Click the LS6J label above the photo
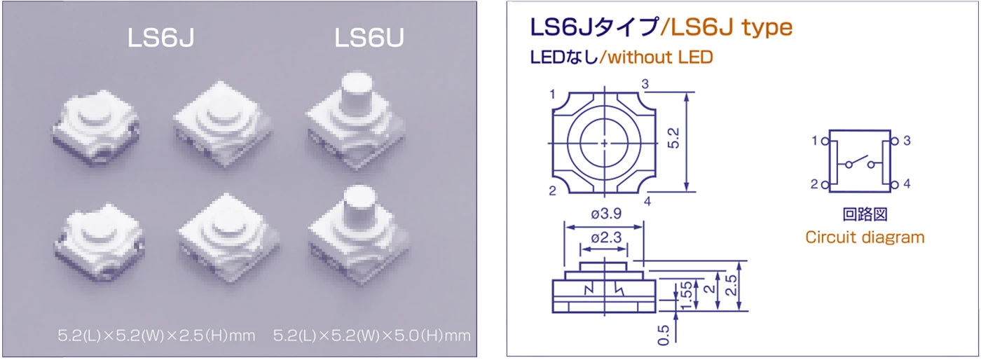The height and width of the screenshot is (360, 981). pos(160,39)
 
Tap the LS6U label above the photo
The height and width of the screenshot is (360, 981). pos(369,39)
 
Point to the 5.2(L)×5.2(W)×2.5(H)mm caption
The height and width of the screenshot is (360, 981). pos(156,335)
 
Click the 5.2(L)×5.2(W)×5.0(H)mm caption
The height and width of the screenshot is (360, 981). pos(371,335)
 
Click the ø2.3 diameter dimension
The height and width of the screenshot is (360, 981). pos(604,238)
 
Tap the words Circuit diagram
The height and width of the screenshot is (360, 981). pos(864,237)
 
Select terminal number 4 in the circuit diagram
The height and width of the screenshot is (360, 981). pos(907,184)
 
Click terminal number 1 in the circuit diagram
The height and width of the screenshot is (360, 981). pos(814,141)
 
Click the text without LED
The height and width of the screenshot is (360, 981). pos(660,57)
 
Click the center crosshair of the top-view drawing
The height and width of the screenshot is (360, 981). pos(604,142)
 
